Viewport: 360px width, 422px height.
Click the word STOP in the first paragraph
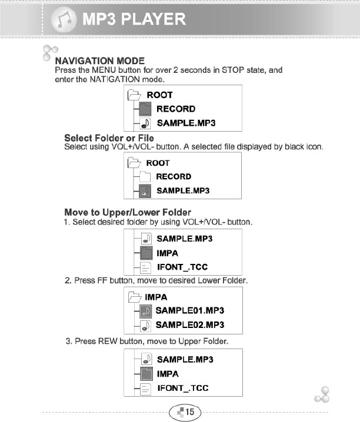coord(233,70)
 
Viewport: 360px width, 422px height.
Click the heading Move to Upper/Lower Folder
coord(127,212)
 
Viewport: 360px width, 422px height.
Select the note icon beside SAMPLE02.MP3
coord(146,324)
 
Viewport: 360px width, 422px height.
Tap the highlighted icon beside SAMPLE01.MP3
coord(146,310)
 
